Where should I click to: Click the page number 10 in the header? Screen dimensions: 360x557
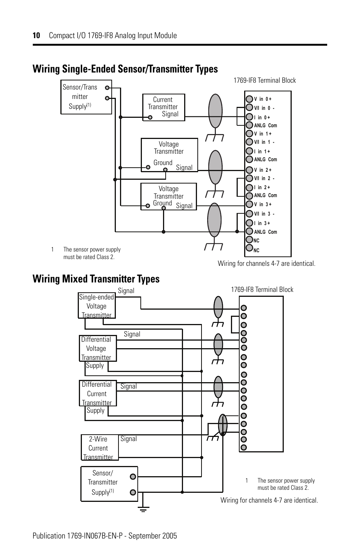pos(36,35)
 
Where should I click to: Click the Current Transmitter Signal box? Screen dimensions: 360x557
pos(164,107)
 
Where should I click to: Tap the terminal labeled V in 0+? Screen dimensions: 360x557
pos(249,99)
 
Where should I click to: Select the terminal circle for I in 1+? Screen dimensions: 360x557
pos(249,151)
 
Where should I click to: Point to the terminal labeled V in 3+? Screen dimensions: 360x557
pos(249,204)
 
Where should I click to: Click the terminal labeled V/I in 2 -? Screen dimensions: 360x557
pos(249,178)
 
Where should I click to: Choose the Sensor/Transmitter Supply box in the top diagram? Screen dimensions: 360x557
pos(86,97)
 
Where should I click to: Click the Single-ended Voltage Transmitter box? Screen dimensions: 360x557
pos(97,306)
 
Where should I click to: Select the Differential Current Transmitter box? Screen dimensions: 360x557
pos(98,393)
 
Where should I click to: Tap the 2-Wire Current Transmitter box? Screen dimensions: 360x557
pos(100,447)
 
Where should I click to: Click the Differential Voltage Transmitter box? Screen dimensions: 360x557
pos(98,348)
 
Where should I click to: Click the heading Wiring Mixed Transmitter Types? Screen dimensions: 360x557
pos(96,279)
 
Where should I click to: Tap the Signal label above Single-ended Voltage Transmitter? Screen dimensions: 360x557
pos(126,291)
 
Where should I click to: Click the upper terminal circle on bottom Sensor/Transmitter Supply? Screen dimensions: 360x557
pos(133,477)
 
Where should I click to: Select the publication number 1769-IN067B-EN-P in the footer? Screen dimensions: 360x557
pos(95,535)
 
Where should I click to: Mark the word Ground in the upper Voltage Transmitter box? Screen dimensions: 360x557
pos(163,163)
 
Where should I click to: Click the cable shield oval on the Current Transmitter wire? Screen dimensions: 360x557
pos(215,111)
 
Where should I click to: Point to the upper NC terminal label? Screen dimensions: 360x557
pos(256,241)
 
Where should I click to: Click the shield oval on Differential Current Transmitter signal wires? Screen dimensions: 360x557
pos(218,387)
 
